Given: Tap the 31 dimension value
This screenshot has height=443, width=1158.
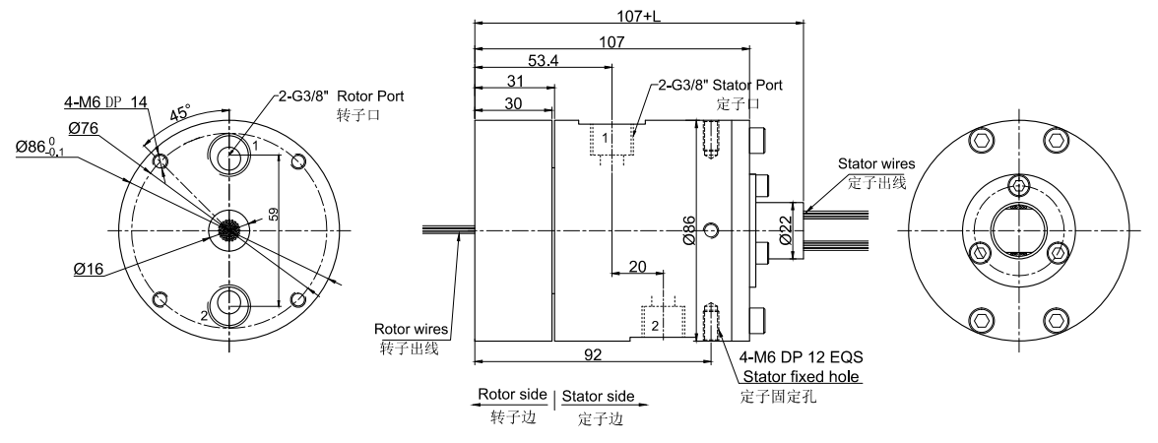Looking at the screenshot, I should pyautogui.click(x=513, y=82).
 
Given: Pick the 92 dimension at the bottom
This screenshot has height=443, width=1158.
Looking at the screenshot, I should pyautogui.click(x=594, y=352).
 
